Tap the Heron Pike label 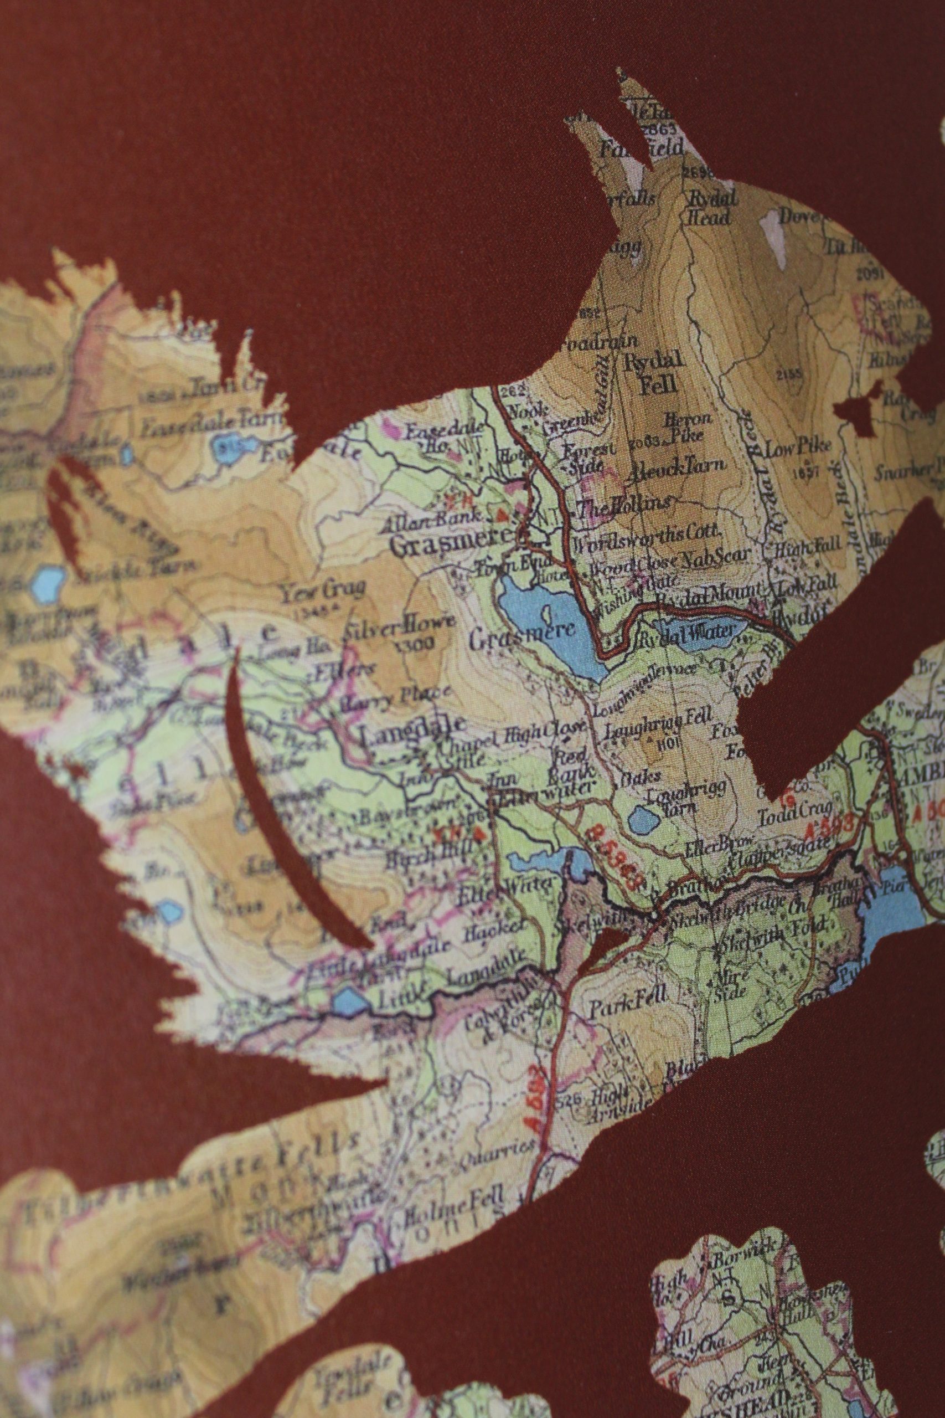[x=688, y=427]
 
